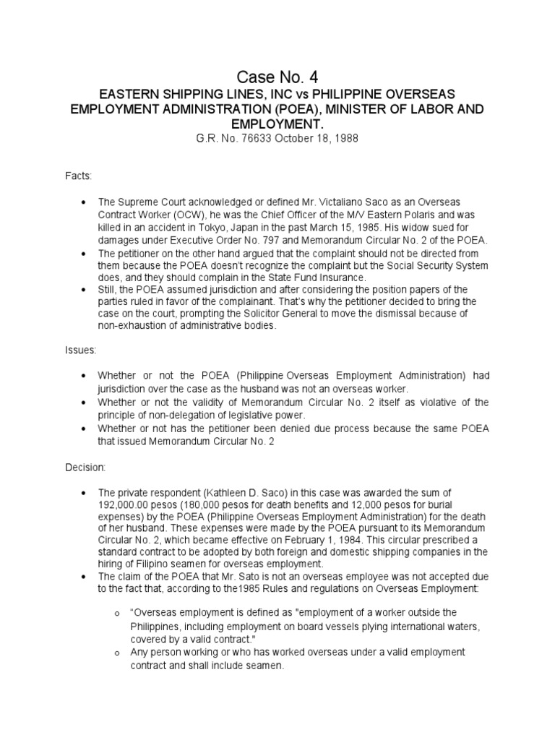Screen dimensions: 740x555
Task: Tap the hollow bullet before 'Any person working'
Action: pyautogui.click(x=117, y=653)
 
